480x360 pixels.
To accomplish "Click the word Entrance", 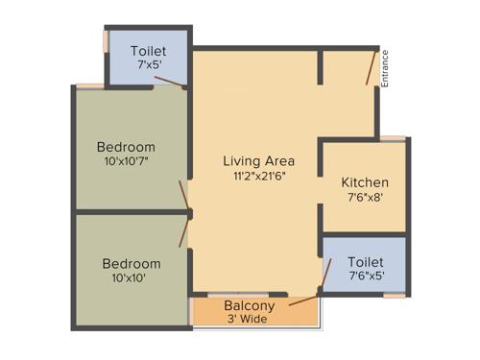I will click(385, 68).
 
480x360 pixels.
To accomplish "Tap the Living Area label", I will click(258, 160).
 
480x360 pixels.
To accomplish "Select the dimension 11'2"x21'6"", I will click(258, 176).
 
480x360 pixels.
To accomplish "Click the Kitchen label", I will click(365, 182).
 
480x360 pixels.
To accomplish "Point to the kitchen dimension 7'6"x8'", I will click(365, 197).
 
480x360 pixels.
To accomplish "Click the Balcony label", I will click(250, 306).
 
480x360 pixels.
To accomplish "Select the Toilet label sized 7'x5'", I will click(149, 50).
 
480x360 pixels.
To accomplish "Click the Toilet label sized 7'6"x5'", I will click(366, 261).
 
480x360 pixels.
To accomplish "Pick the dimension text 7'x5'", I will click(149, 64).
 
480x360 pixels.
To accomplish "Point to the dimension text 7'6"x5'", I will click(366, 276).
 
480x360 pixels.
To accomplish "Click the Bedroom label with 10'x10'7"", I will click(126, 147).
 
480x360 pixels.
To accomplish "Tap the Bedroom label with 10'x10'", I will click(132, 263).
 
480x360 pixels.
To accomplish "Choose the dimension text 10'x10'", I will click(132, 278).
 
